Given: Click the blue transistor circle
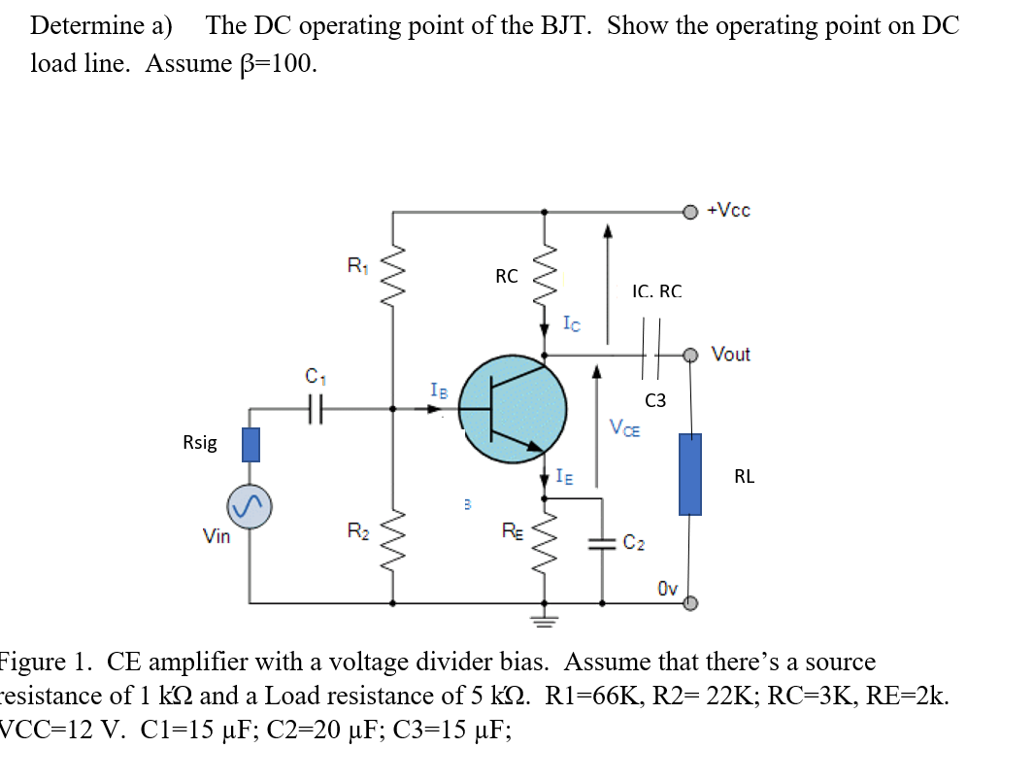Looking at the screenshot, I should [512, 409].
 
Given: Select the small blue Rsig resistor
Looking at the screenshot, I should [250, 444].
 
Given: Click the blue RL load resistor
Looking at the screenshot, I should [689, 474].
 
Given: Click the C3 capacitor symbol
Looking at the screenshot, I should [650, 355].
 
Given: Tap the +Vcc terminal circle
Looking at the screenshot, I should [689, 212].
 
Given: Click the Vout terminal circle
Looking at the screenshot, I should [689, 355].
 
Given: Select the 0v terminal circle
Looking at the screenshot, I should [689, 603].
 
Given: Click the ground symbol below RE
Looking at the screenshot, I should [543, 617].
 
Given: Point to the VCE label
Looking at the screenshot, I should [624, 427].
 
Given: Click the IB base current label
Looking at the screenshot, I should [439, 391].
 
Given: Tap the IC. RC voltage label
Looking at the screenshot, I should [656, 290].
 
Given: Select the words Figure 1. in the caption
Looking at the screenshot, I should [45, 663].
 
